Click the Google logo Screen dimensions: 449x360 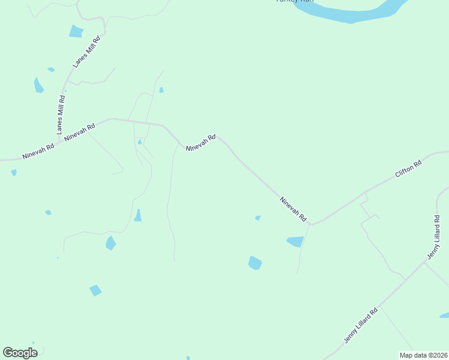20,352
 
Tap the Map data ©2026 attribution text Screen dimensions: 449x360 423,355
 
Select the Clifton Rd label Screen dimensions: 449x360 408,169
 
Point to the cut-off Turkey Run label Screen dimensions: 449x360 294,1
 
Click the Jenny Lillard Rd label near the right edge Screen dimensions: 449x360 437,238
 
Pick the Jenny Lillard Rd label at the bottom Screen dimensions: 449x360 361,325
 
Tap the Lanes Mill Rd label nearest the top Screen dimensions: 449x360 86,52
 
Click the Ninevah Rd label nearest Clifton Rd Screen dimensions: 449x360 294,209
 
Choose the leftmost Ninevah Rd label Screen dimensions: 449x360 38,151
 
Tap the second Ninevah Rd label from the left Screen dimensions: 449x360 80,132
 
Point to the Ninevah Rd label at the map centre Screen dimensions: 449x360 200,143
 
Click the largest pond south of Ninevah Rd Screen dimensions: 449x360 255,263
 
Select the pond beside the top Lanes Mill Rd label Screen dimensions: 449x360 76,31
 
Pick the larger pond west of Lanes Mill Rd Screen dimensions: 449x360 38,85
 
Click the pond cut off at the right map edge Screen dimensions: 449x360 445,314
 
